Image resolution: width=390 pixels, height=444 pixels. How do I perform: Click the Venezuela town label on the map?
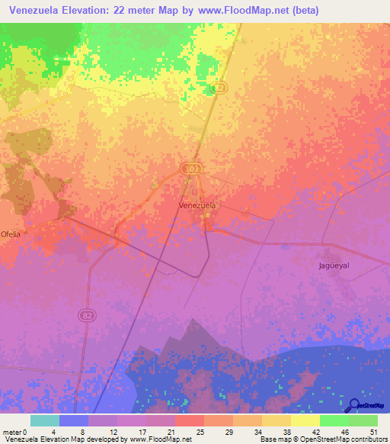(197, 205)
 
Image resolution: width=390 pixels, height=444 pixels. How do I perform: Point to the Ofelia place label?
(11, 233)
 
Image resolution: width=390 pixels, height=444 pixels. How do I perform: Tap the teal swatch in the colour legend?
(45, 420)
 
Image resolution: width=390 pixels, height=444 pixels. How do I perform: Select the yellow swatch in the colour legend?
(305, 420)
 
